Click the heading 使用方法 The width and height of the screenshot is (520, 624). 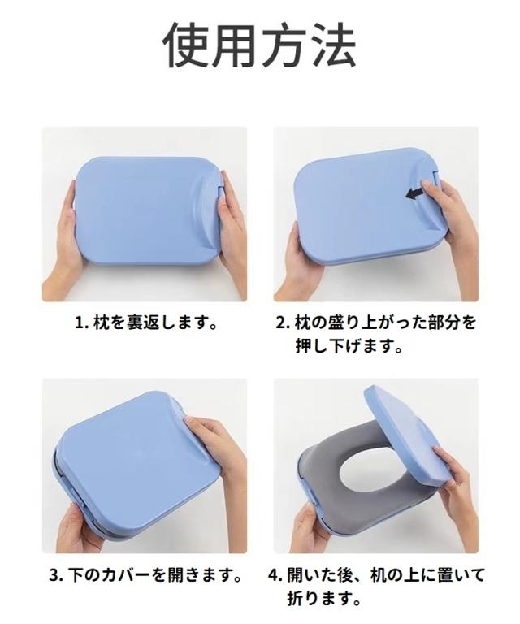click(x=260, y=45)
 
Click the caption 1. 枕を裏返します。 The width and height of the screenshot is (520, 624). click(x=145, y=323)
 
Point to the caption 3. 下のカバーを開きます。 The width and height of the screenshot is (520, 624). click(x=145, y=576)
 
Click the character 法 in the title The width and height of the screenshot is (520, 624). click(x=332, y=45)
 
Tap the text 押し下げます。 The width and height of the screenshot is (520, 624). click(x=349, y=346)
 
